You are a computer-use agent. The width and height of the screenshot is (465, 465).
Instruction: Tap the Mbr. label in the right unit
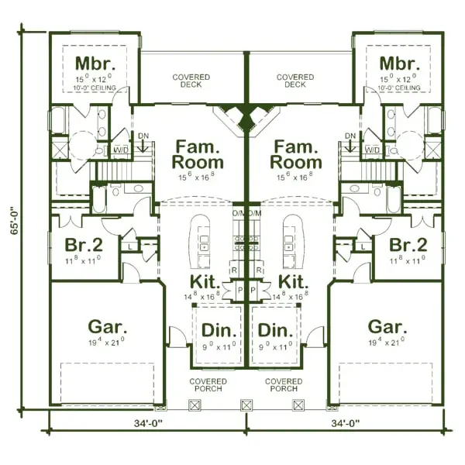[398, 64]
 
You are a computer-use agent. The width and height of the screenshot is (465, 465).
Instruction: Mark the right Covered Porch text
[284, 384]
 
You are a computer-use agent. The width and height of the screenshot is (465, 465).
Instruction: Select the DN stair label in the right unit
[350, 136]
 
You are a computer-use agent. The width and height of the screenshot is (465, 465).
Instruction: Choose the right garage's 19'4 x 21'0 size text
[384, 342]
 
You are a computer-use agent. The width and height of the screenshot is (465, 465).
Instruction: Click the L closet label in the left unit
[129, 246]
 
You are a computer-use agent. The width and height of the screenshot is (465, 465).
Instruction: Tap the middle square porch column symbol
[247, 404]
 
